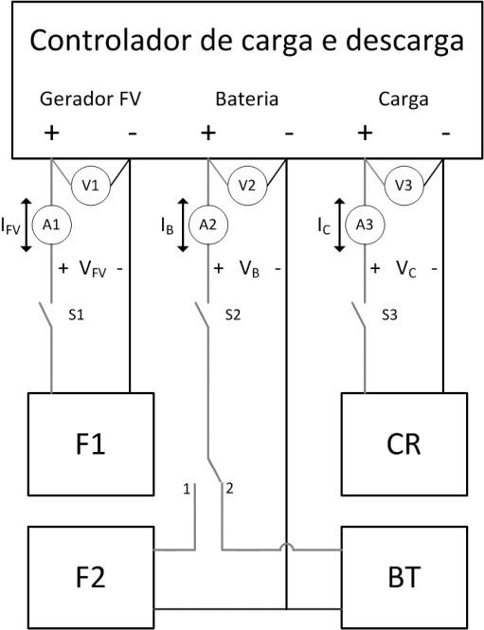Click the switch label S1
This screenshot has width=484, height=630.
[x=77, y=315]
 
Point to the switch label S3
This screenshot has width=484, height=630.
[x=389, y=315]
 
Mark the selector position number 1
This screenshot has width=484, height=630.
[x=187, y=489]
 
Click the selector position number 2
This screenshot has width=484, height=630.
[x=229, y=489]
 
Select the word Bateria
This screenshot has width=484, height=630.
[x=247, y=99]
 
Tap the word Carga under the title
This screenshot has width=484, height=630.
[x=403, y=100]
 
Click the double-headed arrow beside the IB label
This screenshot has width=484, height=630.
[x=183, y=225]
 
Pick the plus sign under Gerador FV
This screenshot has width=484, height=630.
[x=51, y=133]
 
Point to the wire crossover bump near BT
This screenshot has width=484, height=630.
[x=287, y=547]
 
